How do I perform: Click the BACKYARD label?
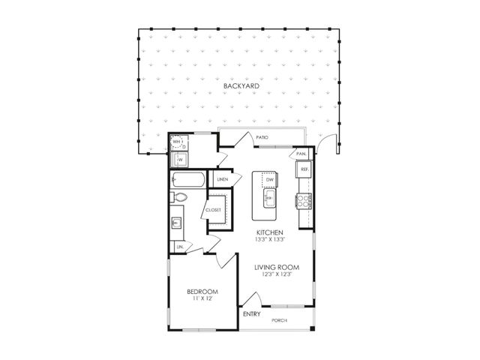pos(241,88)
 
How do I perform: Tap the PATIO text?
pos(262,138)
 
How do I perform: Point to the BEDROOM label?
pos(203,292)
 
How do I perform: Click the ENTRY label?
pos(252,314)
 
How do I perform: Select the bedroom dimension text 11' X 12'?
pos(203,300)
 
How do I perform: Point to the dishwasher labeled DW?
pos(268,180)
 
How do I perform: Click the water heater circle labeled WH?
pos(178,142)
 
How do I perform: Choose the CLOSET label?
pos(214,210)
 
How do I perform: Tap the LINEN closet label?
pos(222,180)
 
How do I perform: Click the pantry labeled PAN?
pos(301,153)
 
